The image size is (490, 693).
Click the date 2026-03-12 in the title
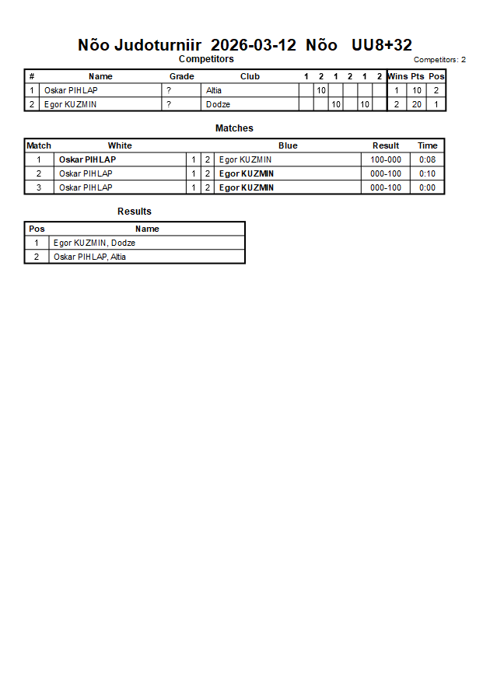(x=254, y=45)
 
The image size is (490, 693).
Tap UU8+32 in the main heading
(x=382, y=45)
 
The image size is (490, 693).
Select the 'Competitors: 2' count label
(x=439, y=60)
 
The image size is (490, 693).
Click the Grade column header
(x=182, y=76)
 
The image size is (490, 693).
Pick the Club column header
(x=250, y=76)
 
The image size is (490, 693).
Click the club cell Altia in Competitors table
(x=214, y=90)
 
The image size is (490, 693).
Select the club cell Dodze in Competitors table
(x=218, y=104)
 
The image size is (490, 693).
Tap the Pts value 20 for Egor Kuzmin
(x=417, y=104)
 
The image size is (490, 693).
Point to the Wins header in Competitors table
(x=397, y=76)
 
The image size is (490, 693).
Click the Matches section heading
(x=234, y=128)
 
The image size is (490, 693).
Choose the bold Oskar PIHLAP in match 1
(x=87, y=159)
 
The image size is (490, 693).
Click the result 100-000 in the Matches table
(x=386, y=159)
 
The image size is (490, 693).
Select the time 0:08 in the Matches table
(x=427, y=159)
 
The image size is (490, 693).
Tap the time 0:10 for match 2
(x=427, y=173)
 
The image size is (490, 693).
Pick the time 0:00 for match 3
(x=427, y=187)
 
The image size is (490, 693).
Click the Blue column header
(x=288, y=145)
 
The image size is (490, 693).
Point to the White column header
(x=120, y=145)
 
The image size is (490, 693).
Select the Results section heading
(x=135, y=212)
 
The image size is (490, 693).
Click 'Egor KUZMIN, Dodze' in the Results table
(x=94, y=243)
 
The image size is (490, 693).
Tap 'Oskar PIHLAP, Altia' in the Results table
(x=89, y=257)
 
